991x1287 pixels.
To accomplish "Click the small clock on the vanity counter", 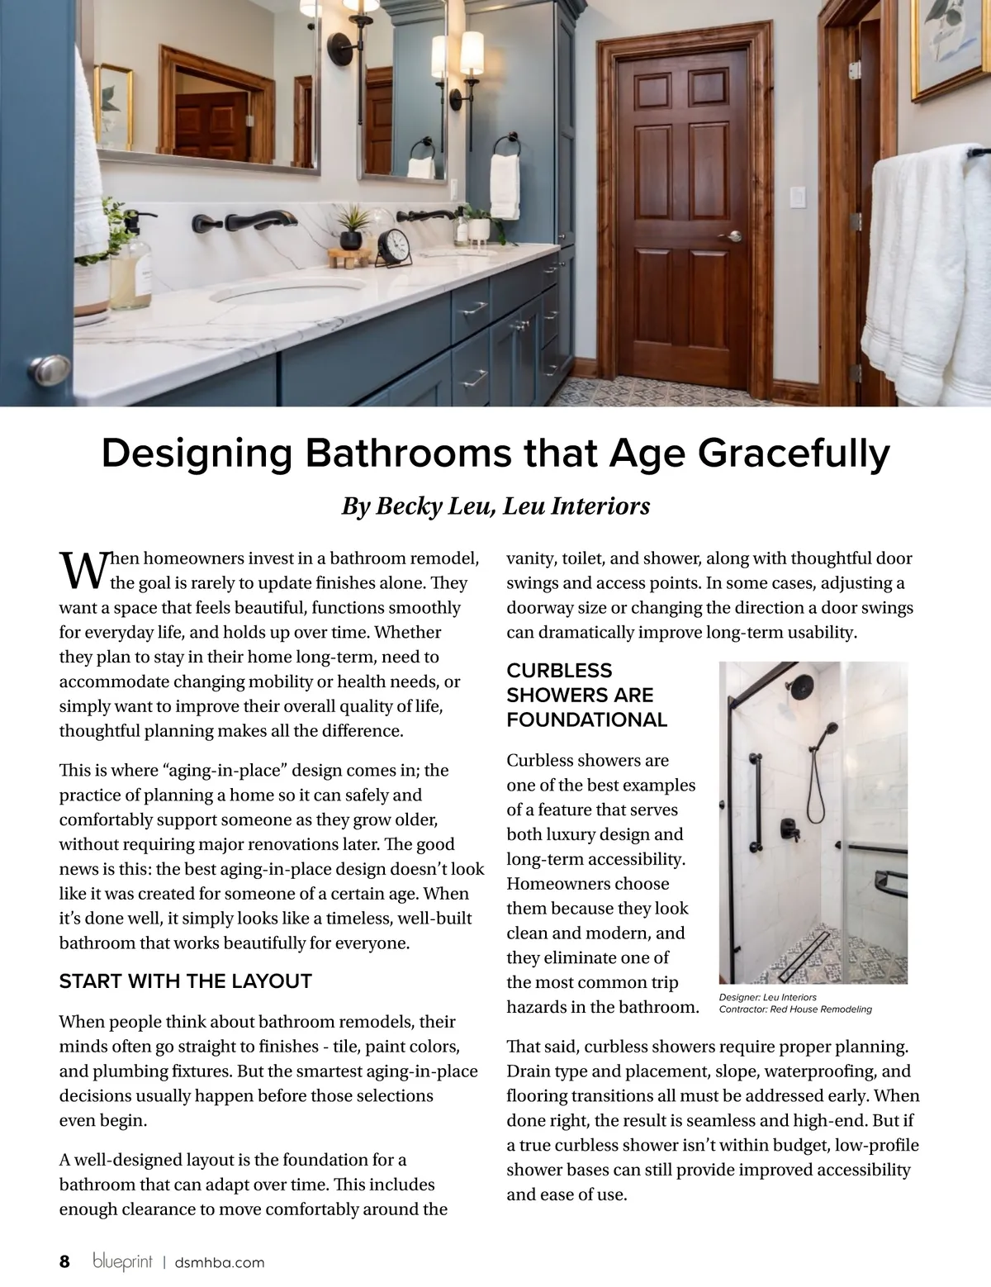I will coord(394,246).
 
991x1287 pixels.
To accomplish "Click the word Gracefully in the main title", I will coord(794,454).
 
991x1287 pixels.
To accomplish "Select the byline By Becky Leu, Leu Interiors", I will coord(495,506).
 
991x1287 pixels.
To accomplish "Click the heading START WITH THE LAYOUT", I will coord(185,981).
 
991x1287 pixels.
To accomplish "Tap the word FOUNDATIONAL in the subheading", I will coord(586,719).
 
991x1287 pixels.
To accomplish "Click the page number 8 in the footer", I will coord(64,1261).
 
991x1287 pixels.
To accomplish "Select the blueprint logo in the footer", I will coord(122,1261).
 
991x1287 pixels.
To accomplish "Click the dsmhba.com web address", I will coord(220,1262).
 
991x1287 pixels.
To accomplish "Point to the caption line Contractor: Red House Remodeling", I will coord(794,1009).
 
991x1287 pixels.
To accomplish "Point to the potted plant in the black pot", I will coord(353,226).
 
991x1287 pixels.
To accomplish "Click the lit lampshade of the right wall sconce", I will coord(472,54).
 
